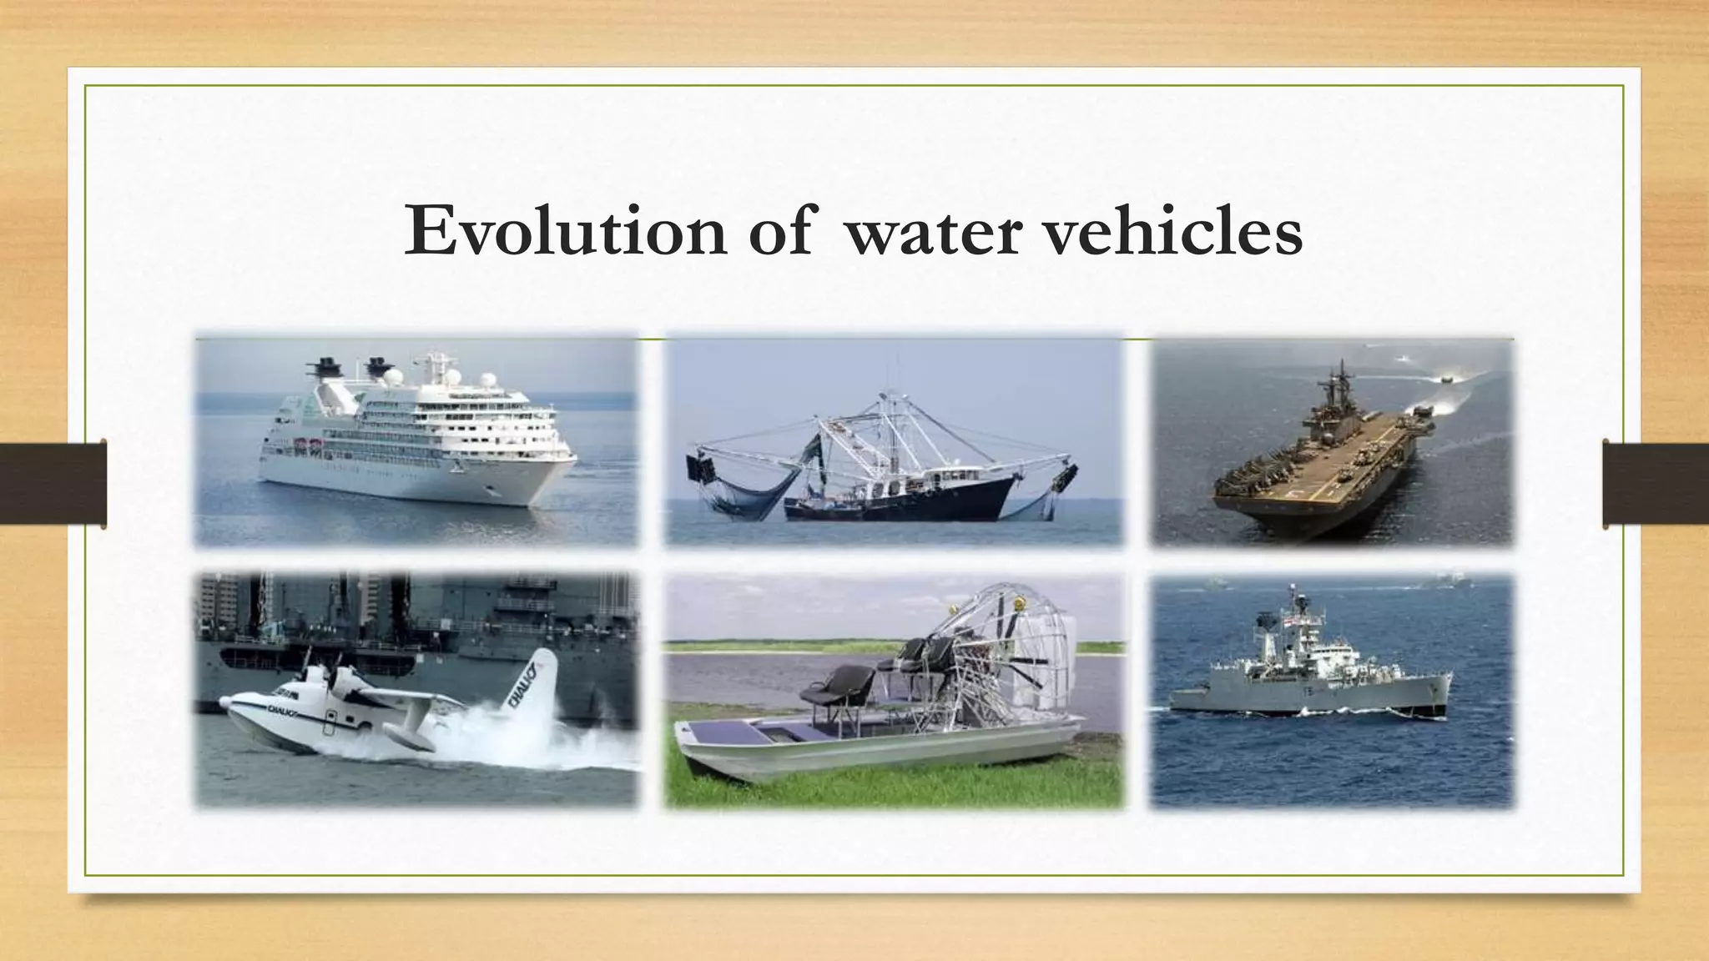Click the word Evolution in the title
pyautogui.click(x=565, y=232)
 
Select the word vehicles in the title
pyautogui.click(x=1173, y=232)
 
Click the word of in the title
pyautogui.click(x=779, y=232)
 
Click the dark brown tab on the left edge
pyautogui.click(x=53, y=484)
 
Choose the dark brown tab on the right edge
pyautogui.click(x=1656, y=484)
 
